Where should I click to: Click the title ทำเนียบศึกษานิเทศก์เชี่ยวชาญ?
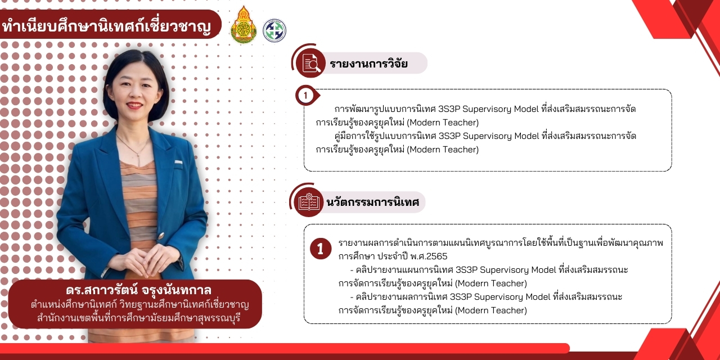(106, 26)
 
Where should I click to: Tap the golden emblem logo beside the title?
(244, 25)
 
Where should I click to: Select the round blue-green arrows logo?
(274, 30)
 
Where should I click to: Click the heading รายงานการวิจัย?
(368, 64)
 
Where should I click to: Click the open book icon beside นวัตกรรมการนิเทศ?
(309, 202)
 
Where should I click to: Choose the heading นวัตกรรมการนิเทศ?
(372, 202)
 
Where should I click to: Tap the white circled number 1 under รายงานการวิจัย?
(305, 96)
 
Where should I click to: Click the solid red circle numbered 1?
(321, 249)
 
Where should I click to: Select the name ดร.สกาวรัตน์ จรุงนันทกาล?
(138, 290)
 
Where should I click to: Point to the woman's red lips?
(134, 105)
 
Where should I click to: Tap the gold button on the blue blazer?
(161, 236)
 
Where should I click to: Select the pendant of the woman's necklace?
(139, 159)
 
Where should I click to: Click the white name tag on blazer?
(178, 163)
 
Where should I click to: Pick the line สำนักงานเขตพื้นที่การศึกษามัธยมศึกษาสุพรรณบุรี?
(138, 318)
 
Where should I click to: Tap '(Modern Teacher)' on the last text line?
(491, 310)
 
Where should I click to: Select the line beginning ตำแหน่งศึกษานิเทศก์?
(140, 304)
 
